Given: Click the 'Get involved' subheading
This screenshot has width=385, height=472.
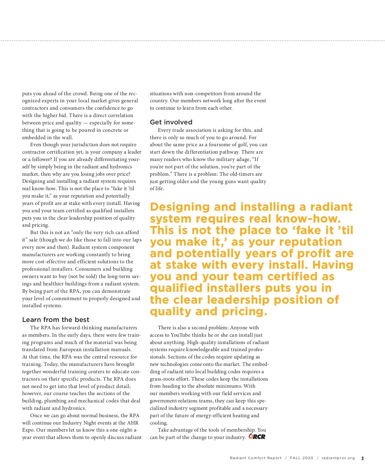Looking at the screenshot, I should [171, 122].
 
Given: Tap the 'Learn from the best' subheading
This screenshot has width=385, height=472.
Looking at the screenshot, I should [56, 320].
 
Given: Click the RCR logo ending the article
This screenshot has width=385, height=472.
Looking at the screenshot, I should [257, 437].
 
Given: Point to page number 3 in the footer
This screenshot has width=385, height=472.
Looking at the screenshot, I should [363, 458].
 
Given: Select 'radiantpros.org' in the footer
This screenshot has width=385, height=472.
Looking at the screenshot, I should [338, 458].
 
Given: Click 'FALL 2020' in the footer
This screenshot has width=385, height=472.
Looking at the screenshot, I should [301, 458].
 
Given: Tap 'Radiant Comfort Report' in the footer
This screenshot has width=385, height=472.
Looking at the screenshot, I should [256, 458].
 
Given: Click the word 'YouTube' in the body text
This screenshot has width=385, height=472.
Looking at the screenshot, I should [181, 335].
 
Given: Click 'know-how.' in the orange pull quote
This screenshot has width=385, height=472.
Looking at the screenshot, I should [308, 219].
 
